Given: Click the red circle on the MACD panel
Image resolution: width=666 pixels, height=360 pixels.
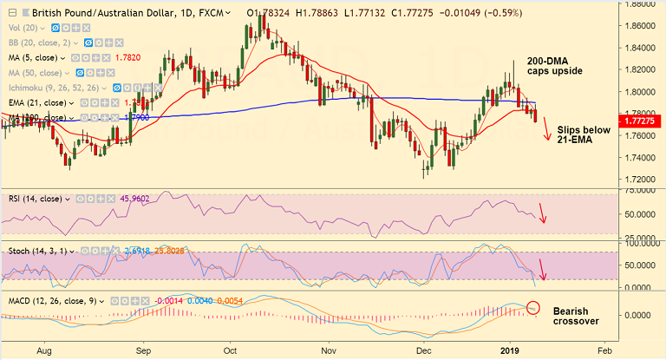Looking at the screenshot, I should [533, 308].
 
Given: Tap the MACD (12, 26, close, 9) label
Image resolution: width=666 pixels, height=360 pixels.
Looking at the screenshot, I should [52, 300].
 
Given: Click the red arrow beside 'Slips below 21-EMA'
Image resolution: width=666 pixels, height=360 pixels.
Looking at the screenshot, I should [547, 132].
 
